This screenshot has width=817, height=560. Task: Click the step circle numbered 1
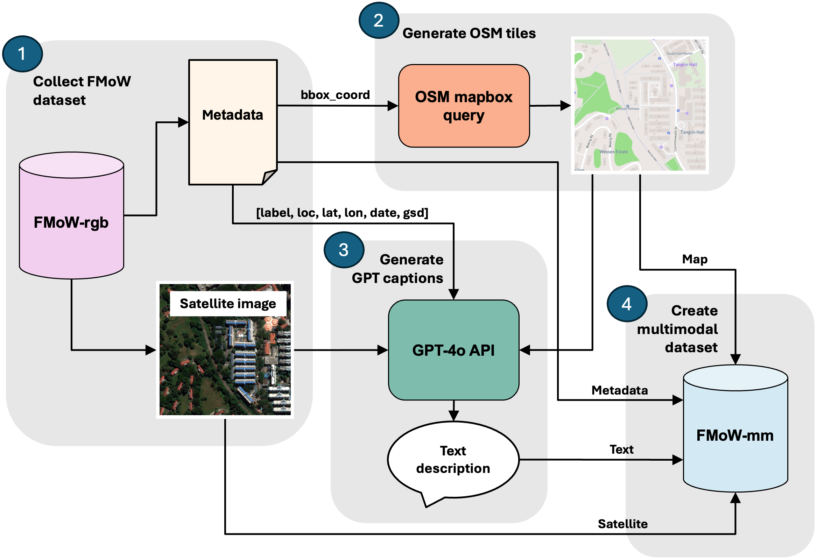[22, 54]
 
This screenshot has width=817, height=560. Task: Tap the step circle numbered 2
[379, 20]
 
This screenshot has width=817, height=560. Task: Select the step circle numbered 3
[344, 250]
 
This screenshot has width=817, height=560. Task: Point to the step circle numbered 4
[627, 304]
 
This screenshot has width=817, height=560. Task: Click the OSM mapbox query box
[464, 106]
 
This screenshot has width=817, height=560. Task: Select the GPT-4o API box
[453, 350]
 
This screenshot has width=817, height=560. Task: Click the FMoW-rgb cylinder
[71, 222]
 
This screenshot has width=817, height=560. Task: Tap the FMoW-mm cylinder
[735, 435]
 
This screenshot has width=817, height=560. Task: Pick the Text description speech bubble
[453, 460]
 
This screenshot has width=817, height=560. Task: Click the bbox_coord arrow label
[336, 95]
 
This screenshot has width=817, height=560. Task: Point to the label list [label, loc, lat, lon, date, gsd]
[342, 213]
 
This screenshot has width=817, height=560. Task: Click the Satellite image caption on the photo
[228, 304]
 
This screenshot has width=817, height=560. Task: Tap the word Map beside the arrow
[695, 259]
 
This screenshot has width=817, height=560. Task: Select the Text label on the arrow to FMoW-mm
[621, 449]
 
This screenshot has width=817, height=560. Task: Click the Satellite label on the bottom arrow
[622, 524]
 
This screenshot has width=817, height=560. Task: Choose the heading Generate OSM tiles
[469, 33]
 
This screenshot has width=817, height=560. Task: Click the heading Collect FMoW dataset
[82, 91]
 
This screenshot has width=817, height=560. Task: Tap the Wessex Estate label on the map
[613, 152]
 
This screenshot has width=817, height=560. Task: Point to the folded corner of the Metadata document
[270, 177]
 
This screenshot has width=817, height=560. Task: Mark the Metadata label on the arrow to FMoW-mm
[619, 390]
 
